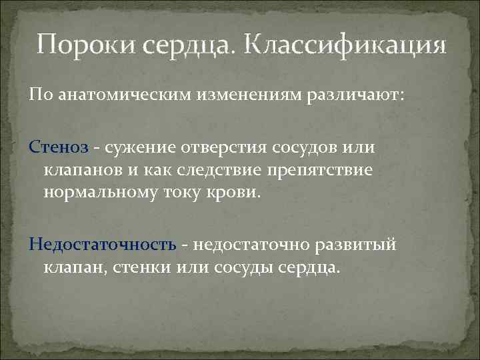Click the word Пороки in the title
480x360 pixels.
79,46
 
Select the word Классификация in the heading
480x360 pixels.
346,46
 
